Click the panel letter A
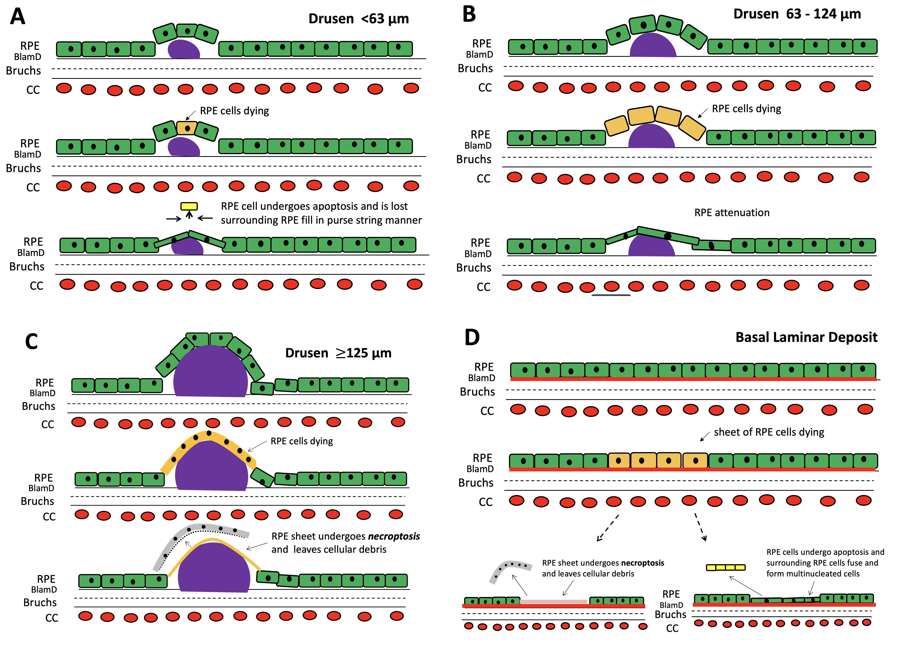(x=18, y=17)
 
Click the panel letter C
(x=31, y=341)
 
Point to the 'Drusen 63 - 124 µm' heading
(x=797, y=14)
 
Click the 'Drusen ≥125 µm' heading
(x=338, y=353)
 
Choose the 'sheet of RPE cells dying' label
(x=769, y=432)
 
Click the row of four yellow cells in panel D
(x=725, y=567)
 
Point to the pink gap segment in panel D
(x=553, y=601)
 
